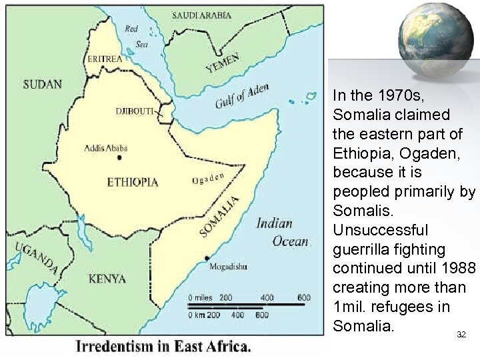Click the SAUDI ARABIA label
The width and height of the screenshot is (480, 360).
pyautogui.click(x=202, y=15)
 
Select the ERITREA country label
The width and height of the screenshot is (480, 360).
pyautogui.click(x=105, y=59)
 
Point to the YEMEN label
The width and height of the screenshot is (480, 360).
pyautogui.click(x=223, y=63)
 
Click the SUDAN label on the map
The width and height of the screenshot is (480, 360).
pyautogui.click(x=42, y=85)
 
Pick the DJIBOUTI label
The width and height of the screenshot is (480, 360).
pyautogui.click(x=135, y=111)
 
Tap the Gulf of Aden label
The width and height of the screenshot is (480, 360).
pyautogui.click(x=242, y=97)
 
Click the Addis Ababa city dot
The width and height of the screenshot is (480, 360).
pyautogui.click(x=119, y=158)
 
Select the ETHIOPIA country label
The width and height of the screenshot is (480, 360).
pyautogui.click(x=133, y=182)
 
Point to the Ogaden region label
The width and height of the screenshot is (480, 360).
pyautogui.click(x=207, y=178)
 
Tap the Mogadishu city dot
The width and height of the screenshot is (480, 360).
pyautogui.click(x=207, y=258)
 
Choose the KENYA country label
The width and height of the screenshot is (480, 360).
pyautogui.click(x=107, y=279)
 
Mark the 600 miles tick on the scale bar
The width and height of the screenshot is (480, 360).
pyautogui.click(x=304, y=297)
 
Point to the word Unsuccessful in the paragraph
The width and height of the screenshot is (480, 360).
pyautogui.click(x=380, y=230)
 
